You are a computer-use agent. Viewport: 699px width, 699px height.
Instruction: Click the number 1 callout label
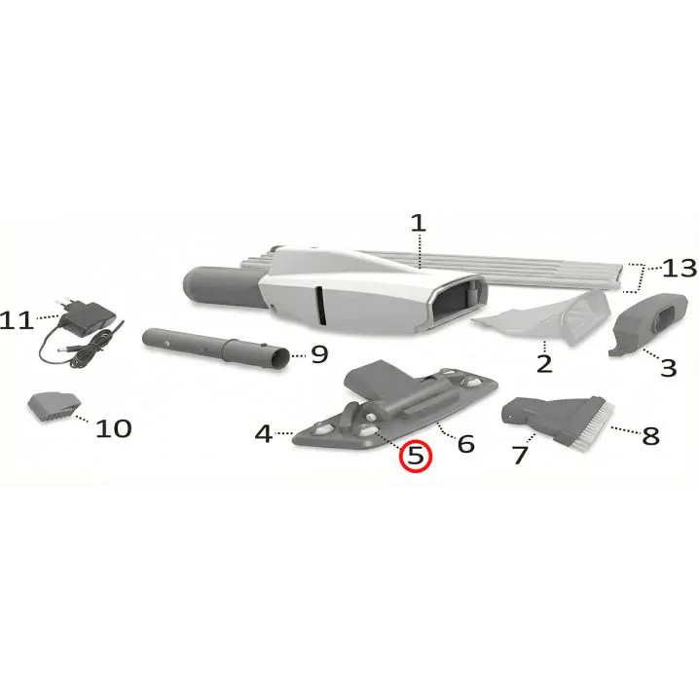[419, 223]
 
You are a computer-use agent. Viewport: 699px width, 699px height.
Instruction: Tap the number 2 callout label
[544, 364]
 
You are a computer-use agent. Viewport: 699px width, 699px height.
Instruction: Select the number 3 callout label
[668, 368]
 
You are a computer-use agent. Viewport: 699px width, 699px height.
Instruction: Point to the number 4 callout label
[264, 433]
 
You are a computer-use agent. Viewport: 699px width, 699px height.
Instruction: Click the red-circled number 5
[415, 456]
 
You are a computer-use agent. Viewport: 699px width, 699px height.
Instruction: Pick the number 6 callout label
[466, 444]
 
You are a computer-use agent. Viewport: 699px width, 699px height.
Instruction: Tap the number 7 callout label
[520, 456]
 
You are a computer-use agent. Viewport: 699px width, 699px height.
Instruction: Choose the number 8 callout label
[650, 435]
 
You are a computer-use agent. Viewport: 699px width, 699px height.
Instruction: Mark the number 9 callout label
[319, 354]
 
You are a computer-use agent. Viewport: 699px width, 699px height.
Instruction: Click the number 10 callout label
[114, 429]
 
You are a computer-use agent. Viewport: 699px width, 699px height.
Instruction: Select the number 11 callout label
[17, 320]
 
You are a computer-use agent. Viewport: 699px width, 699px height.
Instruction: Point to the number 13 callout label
[680, 269]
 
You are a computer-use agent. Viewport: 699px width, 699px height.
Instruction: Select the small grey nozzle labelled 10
[54, 407]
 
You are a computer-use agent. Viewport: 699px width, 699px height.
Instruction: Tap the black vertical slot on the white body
[320, 306]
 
